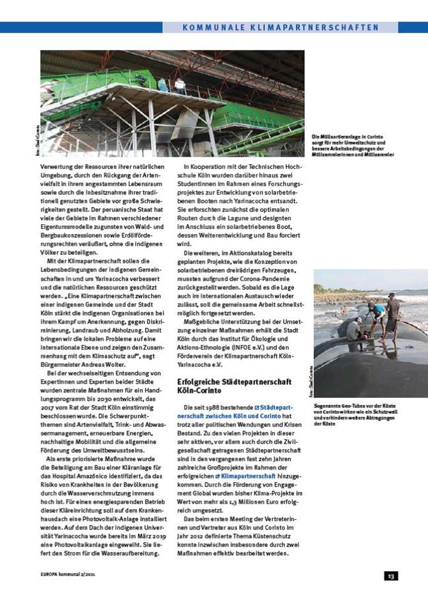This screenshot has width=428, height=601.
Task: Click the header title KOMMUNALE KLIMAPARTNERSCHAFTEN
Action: tap(280, 28)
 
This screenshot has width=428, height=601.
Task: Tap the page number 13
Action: tap(391, 576)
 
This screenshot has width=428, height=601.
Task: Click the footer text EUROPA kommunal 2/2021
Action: tap(68, 574)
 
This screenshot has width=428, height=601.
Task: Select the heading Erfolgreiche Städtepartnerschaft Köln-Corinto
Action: tap(234, 386)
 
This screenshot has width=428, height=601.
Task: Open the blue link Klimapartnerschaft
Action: tap(248, 476)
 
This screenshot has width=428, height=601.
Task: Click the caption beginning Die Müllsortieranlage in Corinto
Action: tap(353, 146)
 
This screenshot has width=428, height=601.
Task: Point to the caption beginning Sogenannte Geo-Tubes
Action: tap(355, 414)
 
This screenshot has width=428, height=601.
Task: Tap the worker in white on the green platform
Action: tap(180, 86)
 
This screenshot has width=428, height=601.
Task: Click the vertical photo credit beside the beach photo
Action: tap(311, 381)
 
